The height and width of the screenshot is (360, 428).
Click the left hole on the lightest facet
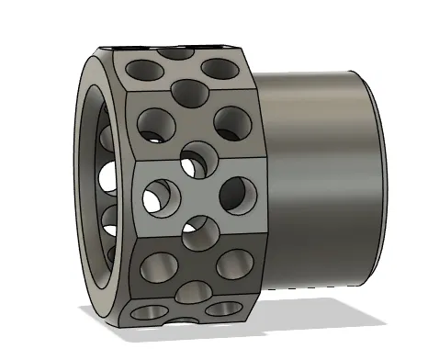pos(158,195)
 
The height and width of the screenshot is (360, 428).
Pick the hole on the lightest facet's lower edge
pos(199,232)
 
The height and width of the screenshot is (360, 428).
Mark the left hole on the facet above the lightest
pos(150,121)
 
